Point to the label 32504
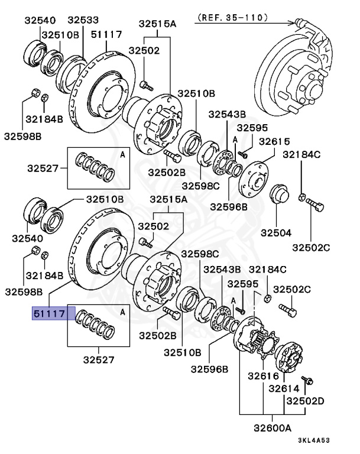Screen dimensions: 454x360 coord(277,233)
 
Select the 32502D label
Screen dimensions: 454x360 coord(306,401)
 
